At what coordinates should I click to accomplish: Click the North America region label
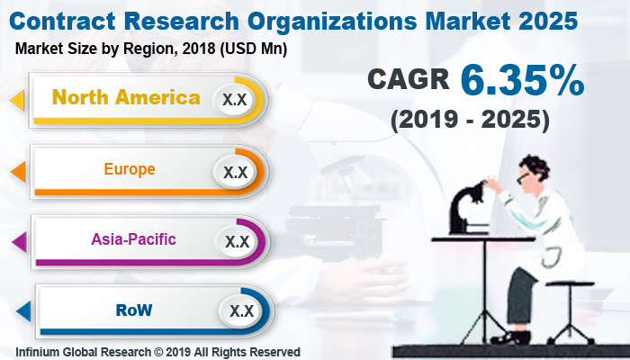tap(127, 97)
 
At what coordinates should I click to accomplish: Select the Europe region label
tap(130, 168)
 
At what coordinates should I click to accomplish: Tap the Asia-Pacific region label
tap(133, 239)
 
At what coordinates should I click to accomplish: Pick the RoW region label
tap(134, 310)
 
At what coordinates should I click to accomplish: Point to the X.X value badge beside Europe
tap(236, 171)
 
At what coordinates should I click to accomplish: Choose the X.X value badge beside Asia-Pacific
tap(237, 241)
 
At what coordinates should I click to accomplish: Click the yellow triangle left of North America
tap(16, 99)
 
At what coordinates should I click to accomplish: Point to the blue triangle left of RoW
tap(22, 312)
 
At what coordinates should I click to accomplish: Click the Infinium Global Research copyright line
tap(157, 352)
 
